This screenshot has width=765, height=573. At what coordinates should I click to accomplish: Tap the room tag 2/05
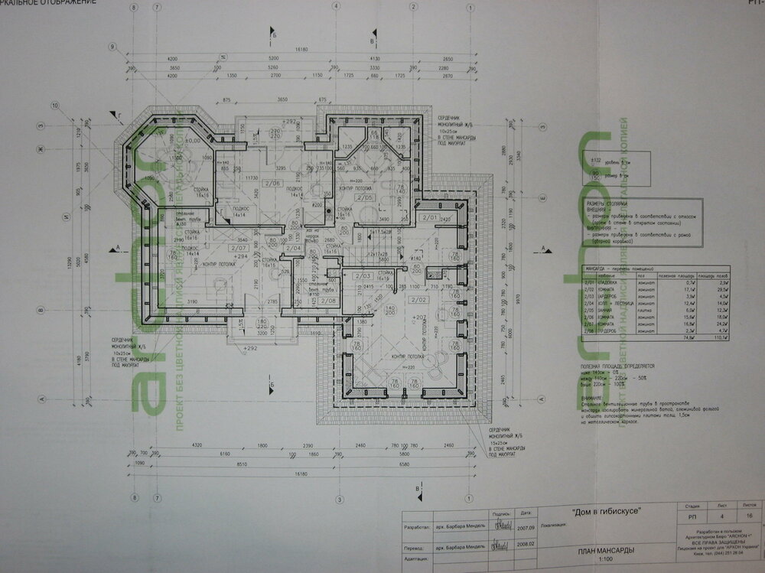[x=368, y=198]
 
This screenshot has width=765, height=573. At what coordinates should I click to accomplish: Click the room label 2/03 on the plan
[x=364, y=275]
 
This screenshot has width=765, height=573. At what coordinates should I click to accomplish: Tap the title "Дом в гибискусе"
[x=607, y=510]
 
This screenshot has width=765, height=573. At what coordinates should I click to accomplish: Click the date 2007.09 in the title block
[x=525, y=526]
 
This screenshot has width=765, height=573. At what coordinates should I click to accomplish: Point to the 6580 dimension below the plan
[x=409, y=463]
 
